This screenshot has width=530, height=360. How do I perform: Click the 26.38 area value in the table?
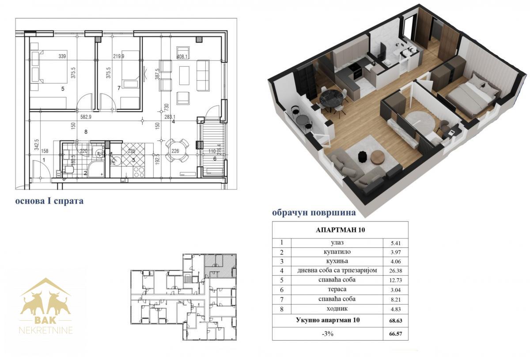click(396, 271)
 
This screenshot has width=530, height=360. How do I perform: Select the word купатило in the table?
click(337, 252)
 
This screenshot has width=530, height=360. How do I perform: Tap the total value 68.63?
click(396, 321)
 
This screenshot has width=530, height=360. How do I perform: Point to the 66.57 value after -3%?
click(396, 334)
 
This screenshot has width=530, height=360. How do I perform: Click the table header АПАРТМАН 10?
click(340, 230)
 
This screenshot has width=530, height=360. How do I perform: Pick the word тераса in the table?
click(337, 289)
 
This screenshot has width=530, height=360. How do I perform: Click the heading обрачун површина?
click(314, 212)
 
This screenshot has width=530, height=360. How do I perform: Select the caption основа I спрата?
click(49, 201)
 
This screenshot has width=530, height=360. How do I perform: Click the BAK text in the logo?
click(45, 320)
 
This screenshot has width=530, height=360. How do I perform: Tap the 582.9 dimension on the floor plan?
click(86, 117)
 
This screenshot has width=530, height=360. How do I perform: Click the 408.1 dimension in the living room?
click(182, 57)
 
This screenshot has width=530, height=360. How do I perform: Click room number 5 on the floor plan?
click(63, 89)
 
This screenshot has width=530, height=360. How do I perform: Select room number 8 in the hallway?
click(86, 132)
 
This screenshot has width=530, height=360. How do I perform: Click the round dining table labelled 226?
click(175, 151)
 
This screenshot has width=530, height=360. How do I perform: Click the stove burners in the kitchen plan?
click(139, 172)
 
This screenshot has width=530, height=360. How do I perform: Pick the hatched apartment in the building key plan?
click(220, 265)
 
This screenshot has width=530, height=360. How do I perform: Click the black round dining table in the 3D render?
click(330, 99)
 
